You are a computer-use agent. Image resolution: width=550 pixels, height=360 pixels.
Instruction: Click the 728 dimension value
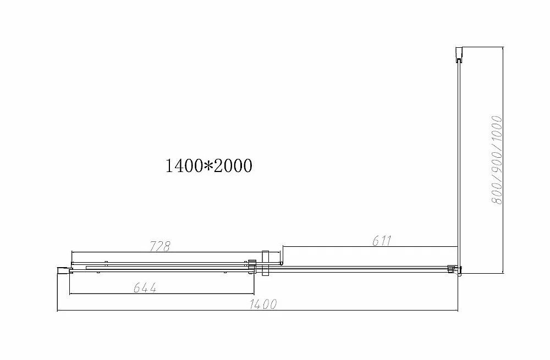(159, 246)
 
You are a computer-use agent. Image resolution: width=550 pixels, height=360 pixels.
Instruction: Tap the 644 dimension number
(145, 287)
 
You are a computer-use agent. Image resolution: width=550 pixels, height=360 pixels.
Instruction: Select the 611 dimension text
(381, 241)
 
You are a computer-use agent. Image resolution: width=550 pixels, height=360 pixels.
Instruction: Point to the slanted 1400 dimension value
(263, 304)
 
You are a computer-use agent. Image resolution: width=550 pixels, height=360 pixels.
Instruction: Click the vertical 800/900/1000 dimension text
(497, 160)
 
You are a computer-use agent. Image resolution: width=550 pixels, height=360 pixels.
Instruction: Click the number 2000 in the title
(233, 166)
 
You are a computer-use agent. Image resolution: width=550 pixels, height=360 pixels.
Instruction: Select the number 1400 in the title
(184, 166)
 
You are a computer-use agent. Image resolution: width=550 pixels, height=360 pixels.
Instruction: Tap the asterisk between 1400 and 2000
(208, 166)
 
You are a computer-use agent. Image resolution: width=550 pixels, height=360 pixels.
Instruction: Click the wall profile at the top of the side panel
(459, 54)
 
